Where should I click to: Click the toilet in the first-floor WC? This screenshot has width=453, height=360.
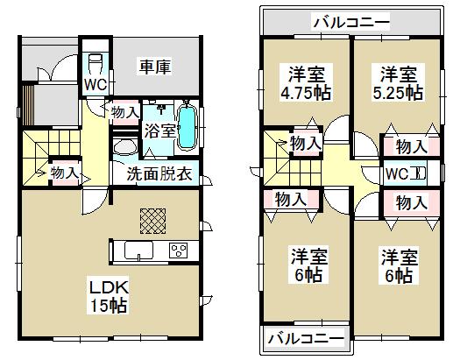[x=96, y=63]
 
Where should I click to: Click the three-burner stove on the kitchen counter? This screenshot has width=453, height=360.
[x=180, y=251]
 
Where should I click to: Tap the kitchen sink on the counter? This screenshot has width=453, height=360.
[x=141, y=252]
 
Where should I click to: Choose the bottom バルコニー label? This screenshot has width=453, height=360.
[x=305, y=337]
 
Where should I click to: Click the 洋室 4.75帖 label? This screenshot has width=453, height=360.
[x=301, y=81]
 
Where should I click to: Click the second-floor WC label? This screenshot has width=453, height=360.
[x=397, y=173]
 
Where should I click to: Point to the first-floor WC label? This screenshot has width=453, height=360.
[x=95, y=84]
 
